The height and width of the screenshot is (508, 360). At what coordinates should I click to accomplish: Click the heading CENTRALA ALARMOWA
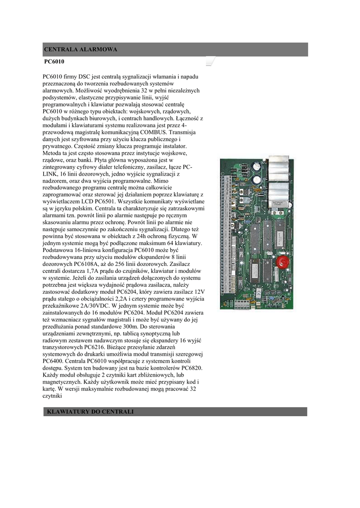click(81, 50)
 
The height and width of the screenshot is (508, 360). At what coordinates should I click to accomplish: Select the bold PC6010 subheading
click(55, 63)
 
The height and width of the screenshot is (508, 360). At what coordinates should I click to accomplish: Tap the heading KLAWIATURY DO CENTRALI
click(90, 412)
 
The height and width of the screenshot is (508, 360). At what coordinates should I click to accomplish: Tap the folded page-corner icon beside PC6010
click(210, 62)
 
